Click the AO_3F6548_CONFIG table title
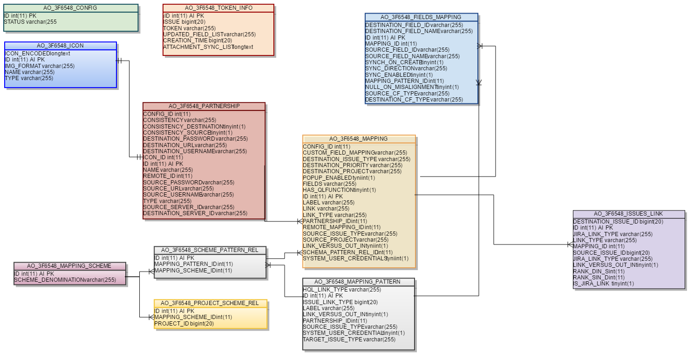tap(70, 8)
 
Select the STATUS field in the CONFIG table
tap(30, 22)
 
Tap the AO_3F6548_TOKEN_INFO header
tap(218, 8)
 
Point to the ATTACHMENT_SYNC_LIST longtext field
tap(208, 47)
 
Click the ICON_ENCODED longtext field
tap(37, 53)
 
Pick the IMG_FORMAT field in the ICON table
tap(40, 66)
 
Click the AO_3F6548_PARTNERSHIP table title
tap(204, 106)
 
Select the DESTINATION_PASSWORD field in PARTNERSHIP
tap(195, 139)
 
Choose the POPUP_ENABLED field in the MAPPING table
tap(339, 178)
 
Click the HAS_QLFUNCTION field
tap(339, 190)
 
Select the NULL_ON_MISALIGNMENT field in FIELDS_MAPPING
tap(412, 87)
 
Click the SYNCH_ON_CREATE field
tap(404, 62)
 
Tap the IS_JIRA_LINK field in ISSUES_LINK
tap(603, 284)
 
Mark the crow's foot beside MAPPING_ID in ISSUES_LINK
tap(570, 245)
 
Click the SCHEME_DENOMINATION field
tap(65, 280)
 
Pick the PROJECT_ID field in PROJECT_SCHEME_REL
tap(184, 324)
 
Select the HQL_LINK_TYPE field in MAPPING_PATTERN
tap(342, 290)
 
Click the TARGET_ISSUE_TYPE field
tap(349, 339)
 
